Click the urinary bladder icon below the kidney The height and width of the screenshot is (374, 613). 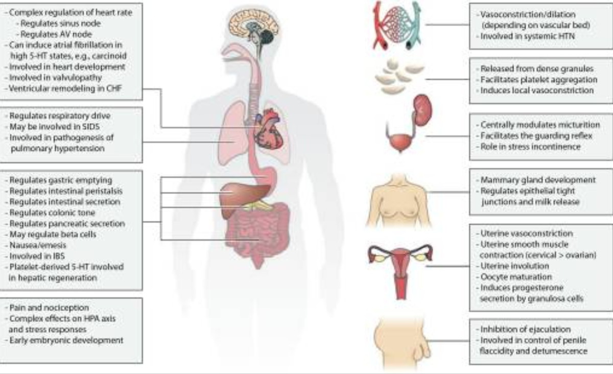(400, 140)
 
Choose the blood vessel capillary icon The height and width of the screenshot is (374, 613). (400, 24)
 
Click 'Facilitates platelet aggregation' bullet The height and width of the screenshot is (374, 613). (531, 79)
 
